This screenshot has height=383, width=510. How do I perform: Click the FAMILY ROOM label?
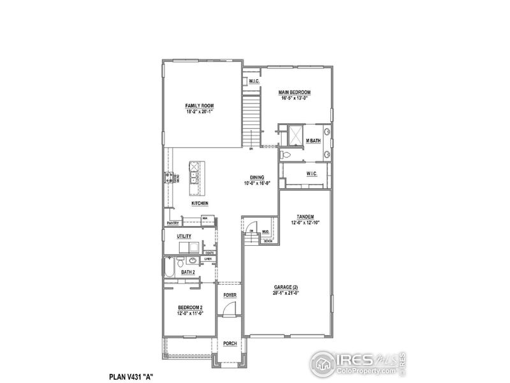point(199,105)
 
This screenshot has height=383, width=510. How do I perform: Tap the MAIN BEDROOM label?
point(294,93)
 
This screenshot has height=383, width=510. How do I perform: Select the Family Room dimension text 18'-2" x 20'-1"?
point(199,112)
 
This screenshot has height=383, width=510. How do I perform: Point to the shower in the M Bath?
point(295,135)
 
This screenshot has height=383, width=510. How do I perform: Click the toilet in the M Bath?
point(286,155)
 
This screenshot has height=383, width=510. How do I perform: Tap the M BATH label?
point(313,140)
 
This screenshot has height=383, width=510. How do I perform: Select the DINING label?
point(257,177)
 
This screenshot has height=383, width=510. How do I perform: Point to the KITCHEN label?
point(200,204)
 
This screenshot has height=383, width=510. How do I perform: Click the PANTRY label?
point(172,223)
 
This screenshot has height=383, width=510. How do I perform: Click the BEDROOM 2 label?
point(191,308)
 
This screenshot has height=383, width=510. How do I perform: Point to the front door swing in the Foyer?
point(228,310)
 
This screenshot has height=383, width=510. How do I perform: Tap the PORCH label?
point(229,343)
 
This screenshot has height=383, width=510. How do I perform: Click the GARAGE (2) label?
point(286,288)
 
